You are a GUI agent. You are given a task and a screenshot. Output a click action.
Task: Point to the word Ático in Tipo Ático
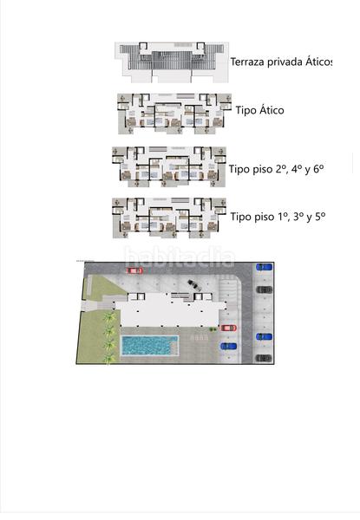269,111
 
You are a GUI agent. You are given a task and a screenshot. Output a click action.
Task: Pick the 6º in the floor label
316,169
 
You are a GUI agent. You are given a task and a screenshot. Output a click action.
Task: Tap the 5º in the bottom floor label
317,216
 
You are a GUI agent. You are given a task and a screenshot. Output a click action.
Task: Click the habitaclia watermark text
180,257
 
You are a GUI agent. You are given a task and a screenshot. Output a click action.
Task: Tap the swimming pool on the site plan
150,346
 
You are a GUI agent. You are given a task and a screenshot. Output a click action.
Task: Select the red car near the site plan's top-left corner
134,271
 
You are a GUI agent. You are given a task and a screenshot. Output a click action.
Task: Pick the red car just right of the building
228,328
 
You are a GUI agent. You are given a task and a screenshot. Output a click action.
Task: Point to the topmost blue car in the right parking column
264,267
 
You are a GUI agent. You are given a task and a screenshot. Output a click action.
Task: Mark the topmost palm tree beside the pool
109,318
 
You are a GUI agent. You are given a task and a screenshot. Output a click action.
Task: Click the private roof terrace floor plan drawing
173,62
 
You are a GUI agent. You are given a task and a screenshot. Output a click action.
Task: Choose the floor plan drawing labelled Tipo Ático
173,113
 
